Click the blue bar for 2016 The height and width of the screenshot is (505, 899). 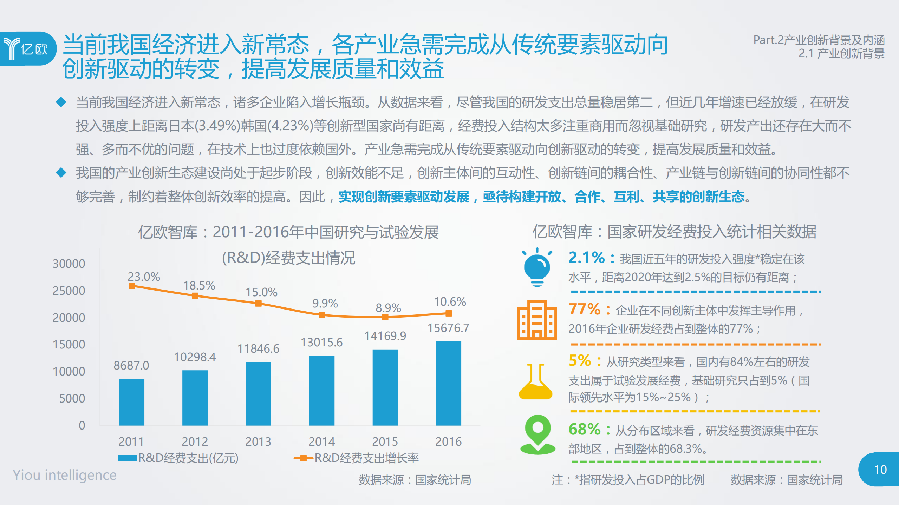pos(448,383)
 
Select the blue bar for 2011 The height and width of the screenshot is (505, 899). pos(131,402)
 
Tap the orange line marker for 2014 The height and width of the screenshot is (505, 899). pos(322,315)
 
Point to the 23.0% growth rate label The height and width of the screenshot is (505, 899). pos(144,277)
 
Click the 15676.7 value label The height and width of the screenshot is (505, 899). pos(448,328)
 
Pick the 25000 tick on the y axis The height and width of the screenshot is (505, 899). pos(69,291)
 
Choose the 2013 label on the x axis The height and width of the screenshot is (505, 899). pos(258,441)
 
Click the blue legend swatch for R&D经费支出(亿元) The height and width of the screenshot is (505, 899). pos(127,458)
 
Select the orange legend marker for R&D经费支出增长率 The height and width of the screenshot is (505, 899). pos(303,458)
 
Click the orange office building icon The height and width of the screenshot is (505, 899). pos(537,320)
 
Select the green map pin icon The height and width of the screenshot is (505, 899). pos(538,434)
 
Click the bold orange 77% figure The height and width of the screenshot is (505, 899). pos(585,309)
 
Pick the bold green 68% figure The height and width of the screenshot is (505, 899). pos(585,429)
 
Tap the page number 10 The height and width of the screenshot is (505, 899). pos(880,470)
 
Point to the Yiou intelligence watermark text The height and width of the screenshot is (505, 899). pos(65,475)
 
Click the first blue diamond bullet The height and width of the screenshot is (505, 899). pos(61,102)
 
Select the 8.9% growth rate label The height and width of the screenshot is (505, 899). pos(388,308)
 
